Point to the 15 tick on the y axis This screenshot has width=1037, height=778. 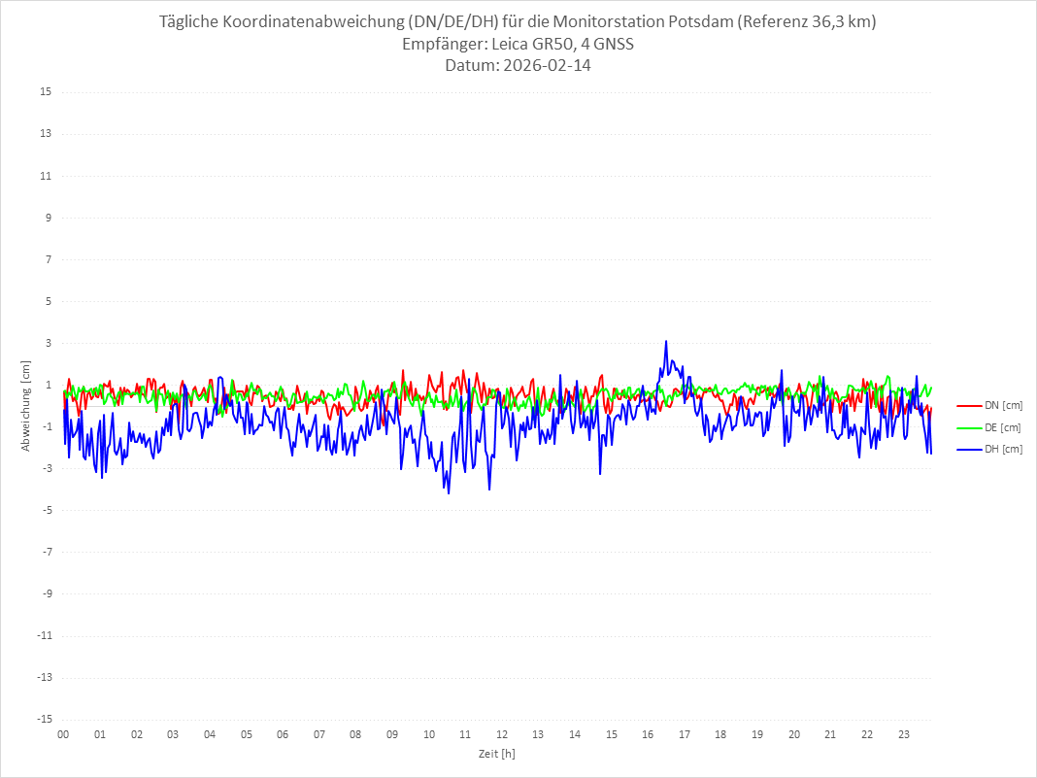click(x=45, y=92)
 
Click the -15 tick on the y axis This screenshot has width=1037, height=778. click(x=43, y=719)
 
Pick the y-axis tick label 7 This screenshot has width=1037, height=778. click(x=47, y=259)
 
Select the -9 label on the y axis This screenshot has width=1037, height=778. click(x=45, y=593)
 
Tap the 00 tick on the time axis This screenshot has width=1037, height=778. click(x=63, y=734)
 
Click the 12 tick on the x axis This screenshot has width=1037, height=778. click(x=502, y=734)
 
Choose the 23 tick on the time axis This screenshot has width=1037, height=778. click(x=904, y=734)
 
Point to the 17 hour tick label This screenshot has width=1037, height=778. click(x=685, y=734)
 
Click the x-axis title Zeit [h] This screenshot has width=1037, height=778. click(x=496, y=754)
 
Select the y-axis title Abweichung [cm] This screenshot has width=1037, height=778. click(x=26, y=405)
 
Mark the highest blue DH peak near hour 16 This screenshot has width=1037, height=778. click(x=666, y=341)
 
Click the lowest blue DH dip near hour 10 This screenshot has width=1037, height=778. click(x=449, y=492)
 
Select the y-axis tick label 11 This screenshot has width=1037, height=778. click(x=45, y=176)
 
